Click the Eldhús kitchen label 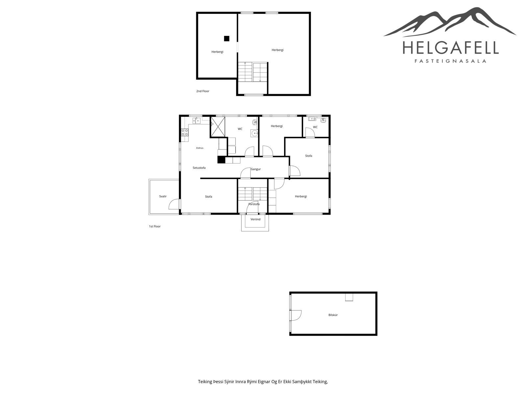click(x=200, y=148)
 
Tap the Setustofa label click(x=199, y=168)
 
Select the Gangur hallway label click(x=255, y=169)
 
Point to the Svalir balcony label click(x=163, y=196)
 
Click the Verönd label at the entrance click(x=255, y=219)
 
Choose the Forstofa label click(x=254, y=204)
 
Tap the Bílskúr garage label click(x=333, y=315)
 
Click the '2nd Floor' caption click(x=203, y=91)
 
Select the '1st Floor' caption click(x=155, y=226)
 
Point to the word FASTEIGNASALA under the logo click(x=450, y=61)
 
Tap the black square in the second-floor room click(x=227, y=39)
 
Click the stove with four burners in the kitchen click(x=184, y=132)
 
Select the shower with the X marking click(x=218, y=127)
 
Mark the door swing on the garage click(x=296, y=315)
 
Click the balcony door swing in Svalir click(x=174, y=204)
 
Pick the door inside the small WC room click(x=310, y=133)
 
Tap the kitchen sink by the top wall click(x=196, y=120)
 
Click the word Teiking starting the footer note click(x=205, y=382)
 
